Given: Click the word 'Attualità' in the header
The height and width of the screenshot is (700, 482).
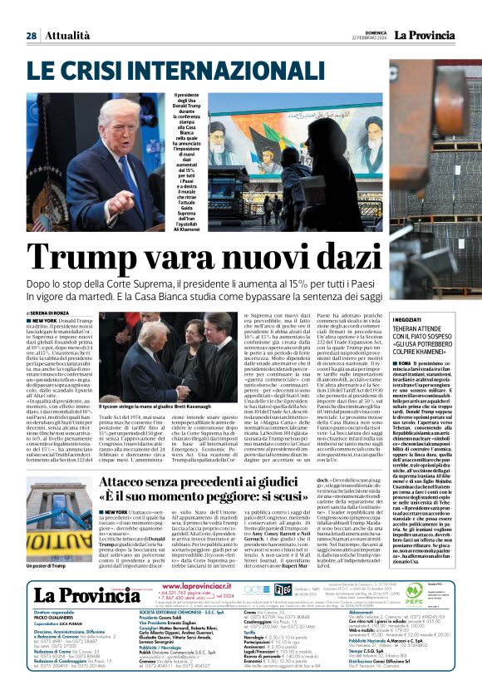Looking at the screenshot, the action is (x=66, y=36).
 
